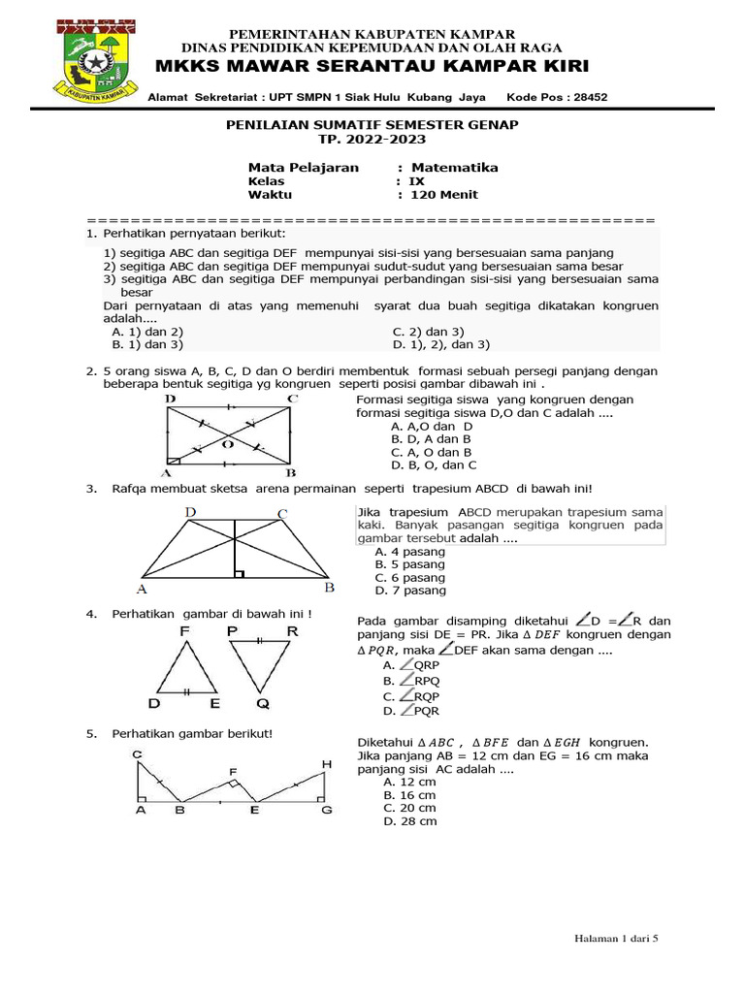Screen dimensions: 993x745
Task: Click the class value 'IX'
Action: (x=416, y=181)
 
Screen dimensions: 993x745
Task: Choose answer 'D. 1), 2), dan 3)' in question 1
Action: (x=441, y=344)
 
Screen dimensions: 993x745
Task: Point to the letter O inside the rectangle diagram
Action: (x=228, y=444)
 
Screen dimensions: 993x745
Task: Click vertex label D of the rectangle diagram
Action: (x=170, y=399)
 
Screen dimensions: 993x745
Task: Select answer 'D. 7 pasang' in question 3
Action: (x=409, y=590)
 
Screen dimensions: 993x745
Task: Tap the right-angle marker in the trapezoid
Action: (x=239, y=573)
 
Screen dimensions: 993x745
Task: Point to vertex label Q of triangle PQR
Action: (x=262, y=703)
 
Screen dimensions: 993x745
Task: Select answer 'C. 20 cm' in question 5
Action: (x=409, y=808)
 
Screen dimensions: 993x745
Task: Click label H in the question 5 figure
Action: (x=327, y=765)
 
